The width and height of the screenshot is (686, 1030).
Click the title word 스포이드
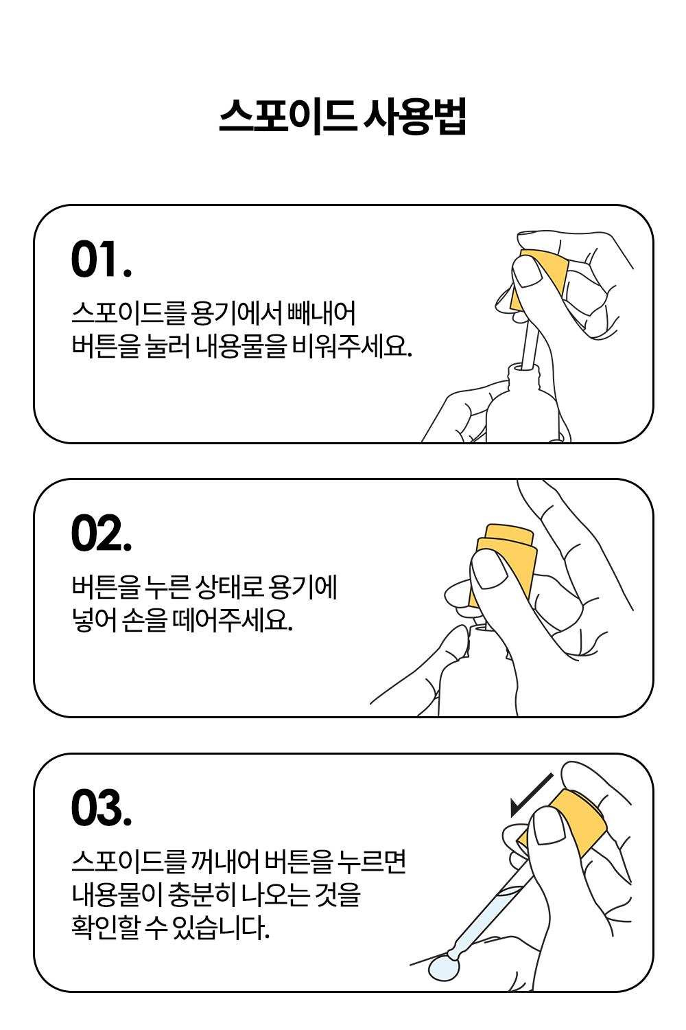pyautogui.click(x=287, y=116)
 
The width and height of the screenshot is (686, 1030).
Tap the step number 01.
pyautogui.click(x=102, y=259)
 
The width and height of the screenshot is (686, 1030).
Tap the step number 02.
pyautogui.click(x=102, y=533)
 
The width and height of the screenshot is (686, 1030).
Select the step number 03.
pyautogui.click(x=102, y=808)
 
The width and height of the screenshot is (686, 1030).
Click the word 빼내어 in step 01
pyautogui.click(x=321, y=313)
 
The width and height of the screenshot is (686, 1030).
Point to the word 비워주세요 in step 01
pyautogui.click(x=352, y=346)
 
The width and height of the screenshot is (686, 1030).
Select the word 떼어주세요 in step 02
pyautogui.click(x=233, y=620)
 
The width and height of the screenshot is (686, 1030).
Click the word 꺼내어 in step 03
pyautogui.click(x=224, y=862)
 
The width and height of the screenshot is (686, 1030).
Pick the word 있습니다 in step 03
pyautogui.click(x=221, y=927)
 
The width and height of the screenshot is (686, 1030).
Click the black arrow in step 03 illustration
pyautogui.click(x=532, y=795)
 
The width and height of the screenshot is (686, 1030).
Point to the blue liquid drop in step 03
pyautogui.click(x=444, y=967)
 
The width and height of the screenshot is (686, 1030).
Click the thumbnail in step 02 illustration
pyautogui.click(x=489, y=570)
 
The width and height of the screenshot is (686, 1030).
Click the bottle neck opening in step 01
pyautogui.click(x=523, y=367)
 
